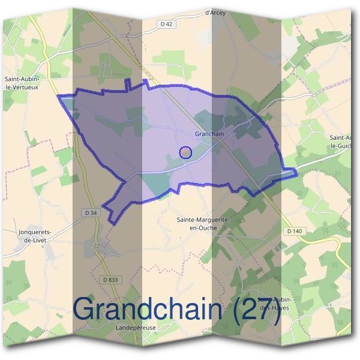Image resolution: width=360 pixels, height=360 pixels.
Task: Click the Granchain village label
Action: pos(209,134)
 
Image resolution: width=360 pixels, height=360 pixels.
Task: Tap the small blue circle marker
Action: pos(186,152)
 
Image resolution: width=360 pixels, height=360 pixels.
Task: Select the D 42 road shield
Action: pos(166,24)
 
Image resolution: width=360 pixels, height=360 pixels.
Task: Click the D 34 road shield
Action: pos(91,212)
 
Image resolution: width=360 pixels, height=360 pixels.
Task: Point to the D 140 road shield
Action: pos(294,231)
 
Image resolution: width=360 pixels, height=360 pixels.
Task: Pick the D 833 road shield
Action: pos(110,280)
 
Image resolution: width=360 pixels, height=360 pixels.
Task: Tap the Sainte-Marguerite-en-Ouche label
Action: pos(203,224)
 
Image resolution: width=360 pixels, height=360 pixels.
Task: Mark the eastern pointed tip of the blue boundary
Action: pos(296,173)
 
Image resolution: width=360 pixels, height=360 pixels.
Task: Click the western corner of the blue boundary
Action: pos(58,96)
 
